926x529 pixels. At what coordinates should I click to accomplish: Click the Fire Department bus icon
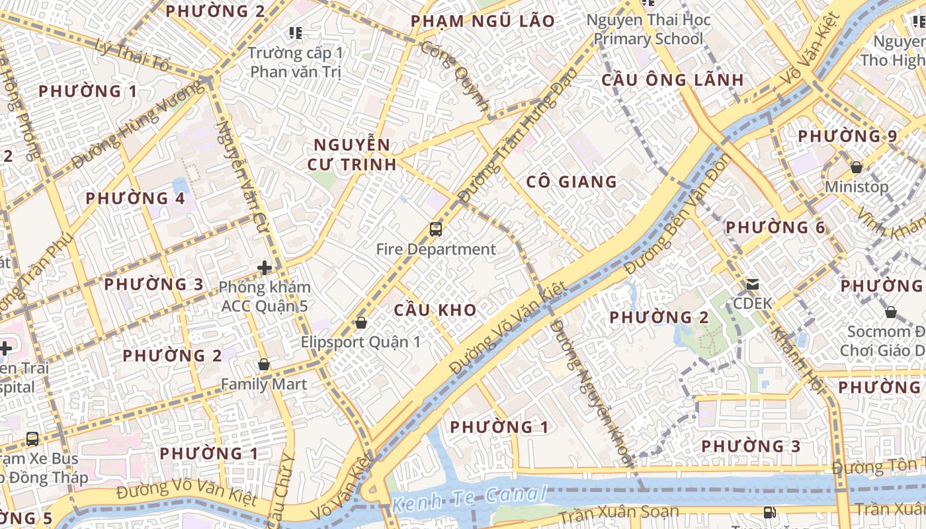[x=435, y=229]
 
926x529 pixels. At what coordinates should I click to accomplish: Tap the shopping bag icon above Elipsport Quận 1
[x=361, y=323]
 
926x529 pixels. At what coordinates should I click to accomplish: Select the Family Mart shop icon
[x=264, y=364]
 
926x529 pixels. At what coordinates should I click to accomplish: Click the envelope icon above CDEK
[x=752, y=284]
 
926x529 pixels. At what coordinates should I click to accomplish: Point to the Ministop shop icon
[x=857, y=167]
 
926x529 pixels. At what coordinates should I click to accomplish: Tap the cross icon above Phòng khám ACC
[x=265, y=268]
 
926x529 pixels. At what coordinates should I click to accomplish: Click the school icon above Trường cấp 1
[x=295, y=32]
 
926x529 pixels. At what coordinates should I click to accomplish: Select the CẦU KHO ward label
[x=435, y=310]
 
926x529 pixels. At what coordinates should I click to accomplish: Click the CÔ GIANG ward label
[x=571, y=182]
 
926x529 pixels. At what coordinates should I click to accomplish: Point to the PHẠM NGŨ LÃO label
[x=482, y=22]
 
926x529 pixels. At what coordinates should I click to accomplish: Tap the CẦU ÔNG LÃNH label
[x=673, y=80]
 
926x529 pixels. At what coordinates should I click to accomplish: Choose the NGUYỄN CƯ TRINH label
[x=352, y=155]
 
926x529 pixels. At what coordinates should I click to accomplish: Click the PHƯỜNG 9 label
[x=847, y=136]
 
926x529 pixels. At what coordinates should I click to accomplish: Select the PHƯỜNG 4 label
[x=136, y=198]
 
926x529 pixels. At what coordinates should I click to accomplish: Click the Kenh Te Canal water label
[x=469, y=499]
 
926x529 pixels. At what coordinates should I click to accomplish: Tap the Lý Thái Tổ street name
[x=132, y=56]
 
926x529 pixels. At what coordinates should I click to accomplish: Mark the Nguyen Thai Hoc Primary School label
[x=648, y=30]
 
